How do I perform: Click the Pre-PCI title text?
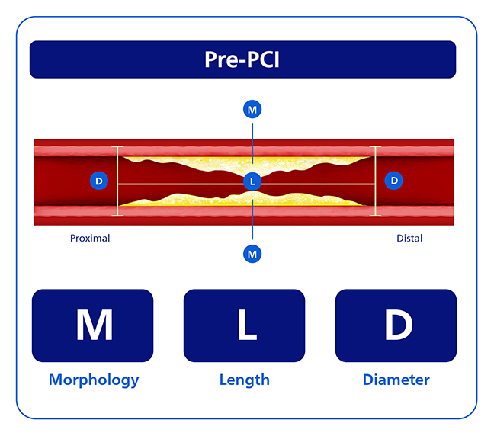242,59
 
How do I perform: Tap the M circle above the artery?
252,109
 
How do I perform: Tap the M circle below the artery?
252,254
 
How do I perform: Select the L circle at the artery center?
252,181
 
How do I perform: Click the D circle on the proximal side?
99,181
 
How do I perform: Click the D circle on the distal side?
394,181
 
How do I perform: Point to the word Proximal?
90,238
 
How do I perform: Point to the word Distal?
409,238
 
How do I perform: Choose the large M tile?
93,325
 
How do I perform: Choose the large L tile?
244,325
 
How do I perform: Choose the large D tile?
396,325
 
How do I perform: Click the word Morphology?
94,380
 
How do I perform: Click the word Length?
245,380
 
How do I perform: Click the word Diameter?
396,380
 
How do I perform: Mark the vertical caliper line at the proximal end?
117,181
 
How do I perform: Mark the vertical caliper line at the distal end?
375,181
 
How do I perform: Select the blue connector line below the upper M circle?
252,143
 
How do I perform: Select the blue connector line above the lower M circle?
252,220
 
